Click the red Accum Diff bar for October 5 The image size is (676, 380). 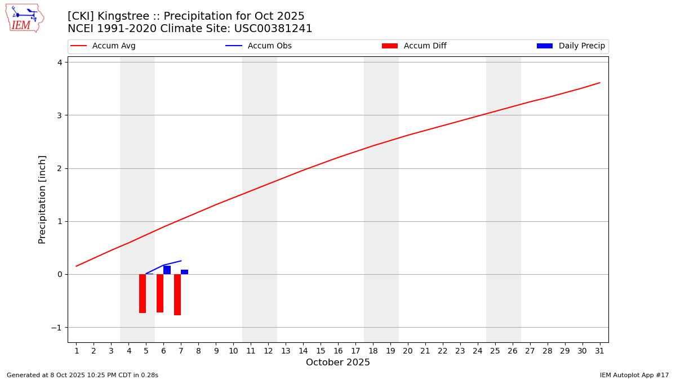pyautogui.click(x=143, y=293)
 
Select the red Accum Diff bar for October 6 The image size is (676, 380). pyautogui.click(x=160, y=293)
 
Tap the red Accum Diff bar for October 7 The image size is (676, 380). pyautogui.click(x=177, y=294)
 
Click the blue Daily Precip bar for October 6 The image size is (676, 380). pyautogui.click(x=167, y=270)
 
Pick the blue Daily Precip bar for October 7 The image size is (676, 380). pyautogui.click(x=185, y=272)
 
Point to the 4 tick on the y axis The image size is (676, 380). pyautogui.click(x=59, y=62)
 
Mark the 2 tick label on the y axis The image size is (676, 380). pyautogui.click(x=59, y=168)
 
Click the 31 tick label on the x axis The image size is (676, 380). pyautogui.click(x=599, y=351)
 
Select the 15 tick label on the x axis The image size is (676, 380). pyautogui.click(x=321, y=351)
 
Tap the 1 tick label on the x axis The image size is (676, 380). pyautogui.click(x=77, y=351)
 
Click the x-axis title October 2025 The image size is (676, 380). pyautogui.click(x=338, y=363)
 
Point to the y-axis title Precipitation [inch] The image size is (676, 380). pyautogui.click(x=43, y=199)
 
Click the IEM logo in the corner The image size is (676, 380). pyautogui.click(x=24, y=17)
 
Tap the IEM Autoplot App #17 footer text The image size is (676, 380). pyautogui.click(x=634, y=375)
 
